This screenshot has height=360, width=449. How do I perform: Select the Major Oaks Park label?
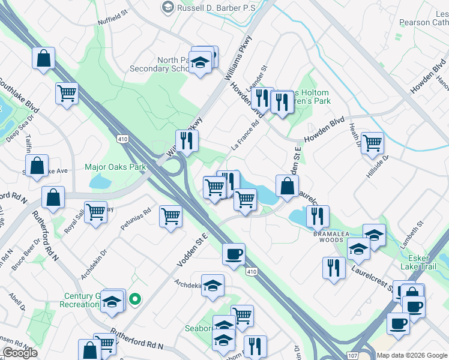[x=116, y=167]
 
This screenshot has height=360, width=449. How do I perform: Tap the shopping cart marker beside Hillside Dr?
[x=372, y=143]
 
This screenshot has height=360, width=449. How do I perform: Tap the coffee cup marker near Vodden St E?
[x=233, y=254]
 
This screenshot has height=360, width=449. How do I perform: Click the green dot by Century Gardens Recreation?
[x=136, y=299]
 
